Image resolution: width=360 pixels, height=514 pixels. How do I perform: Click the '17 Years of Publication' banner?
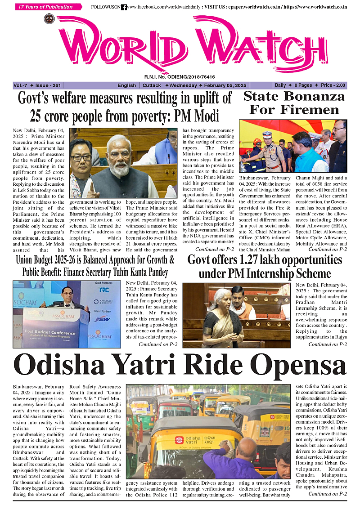(49, 7)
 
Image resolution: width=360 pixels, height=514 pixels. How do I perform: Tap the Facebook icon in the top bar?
(124, 7)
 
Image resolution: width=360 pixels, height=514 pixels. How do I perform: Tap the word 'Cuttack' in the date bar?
(152, 85)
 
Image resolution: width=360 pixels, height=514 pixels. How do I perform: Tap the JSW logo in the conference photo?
(105, 318)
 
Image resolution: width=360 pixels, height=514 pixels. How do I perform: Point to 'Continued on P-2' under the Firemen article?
(328, 249)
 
